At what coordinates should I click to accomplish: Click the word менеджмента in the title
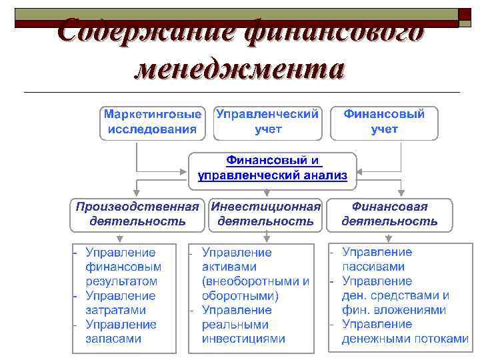[239, 69]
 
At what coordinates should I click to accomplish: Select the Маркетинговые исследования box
[153, 122]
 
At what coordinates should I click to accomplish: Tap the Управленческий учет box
[267, 122]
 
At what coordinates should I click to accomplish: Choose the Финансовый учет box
[384, 122]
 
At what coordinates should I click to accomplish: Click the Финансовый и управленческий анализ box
[272, 168]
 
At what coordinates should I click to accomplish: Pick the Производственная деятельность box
[137, 214]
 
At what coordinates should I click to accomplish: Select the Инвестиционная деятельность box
[266, 214]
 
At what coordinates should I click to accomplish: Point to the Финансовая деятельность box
[389, 214]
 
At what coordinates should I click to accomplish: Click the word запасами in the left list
[113, 339]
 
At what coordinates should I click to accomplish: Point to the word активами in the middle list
[226, 267]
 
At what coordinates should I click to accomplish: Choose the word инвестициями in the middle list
[243, 339]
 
